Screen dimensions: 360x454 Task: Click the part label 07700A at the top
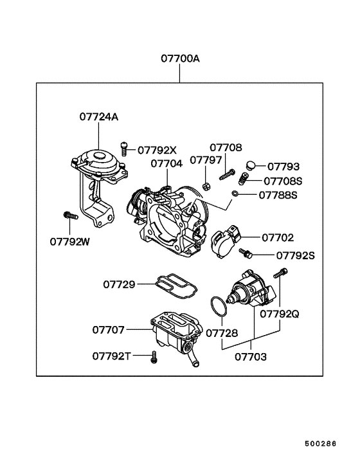point(180,59)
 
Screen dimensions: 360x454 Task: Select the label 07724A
point(99,117)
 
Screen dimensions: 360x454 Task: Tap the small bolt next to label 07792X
point(124,149)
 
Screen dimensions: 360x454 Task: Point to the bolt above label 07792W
point(71,215)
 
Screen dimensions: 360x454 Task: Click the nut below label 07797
point(206,186)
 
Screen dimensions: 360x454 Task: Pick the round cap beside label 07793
point(251,166)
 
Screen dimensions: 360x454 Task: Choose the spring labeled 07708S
point(244,178)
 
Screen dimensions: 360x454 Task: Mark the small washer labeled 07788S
point(235,193)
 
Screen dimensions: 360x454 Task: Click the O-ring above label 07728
point(219,306)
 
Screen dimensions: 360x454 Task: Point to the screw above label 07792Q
point(280,273)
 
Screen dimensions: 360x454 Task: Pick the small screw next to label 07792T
point(154,357)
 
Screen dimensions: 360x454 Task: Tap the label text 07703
point(251,357)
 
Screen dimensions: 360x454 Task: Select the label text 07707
point(108,330)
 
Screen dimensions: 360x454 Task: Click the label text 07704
point(166,163)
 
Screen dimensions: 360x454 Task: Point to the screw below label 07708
point(227,175)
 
